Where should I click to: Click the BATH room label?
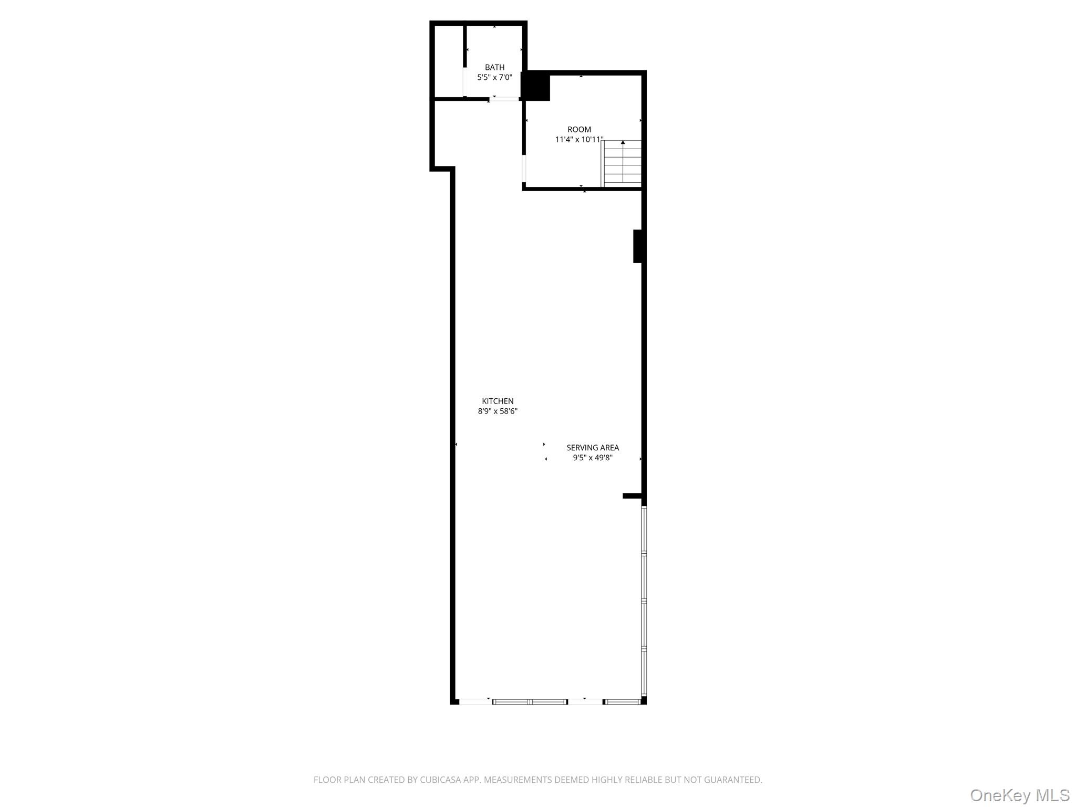point(494,67)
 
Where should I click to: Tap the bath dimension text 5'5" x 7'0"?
point(494,77)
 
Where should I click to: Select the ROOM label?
point(579,129)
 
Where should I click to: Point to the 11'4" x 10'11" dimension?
point(579,139)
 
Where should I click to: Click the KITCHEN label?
point(498,401)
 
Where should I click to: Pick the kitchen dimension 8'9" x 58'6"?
point(498,411)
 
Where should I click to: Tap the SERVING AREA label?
point(593,448)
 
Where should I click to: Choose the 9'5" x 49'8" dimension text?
point(593,458)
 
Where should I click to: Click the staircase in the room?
point(622,164)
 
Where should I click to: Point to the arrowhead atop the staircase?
point(623,142)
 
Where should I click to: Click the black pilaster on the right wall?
point(638,246)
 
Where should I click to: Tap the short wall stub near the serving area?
point(632,495)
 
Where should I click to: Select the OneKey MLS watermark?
point(1019,795)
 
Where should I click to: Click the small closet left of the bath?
point(448,61)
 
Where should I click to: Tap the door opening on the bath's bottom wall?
point(504,98)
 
